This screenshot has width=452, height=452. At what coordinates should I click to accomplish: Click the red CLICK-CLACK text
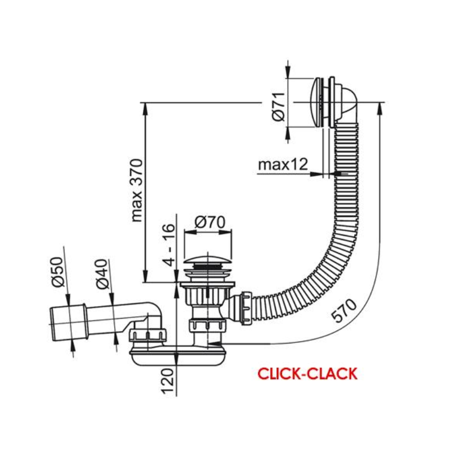coord(307,373)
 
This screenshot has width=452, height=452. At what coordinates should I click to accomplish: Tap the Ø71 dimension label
coord(279,106)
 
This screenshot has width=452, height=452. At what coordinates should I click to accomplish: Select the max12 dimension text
coord(283,164)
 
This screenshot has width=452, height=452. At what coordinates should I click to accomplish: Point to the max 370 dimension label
coord(137,190)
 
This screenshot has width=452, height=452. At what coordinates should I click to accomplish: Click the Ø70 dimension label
coord(210,222)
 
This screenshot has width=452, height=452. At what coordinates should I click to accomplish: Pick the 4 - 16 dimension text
coord(168,245)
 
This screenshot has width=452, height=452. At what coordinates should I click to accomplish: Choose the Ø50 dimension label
coord(58,272)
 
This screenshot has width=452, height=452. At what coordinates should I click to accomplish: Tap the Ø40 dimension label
coord(102,274)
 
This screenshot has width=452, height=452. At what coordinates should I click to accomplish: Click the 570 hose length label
coord(344,310)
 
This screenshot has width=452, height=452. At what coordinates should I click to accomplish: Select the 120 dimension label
coord(168,381)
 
